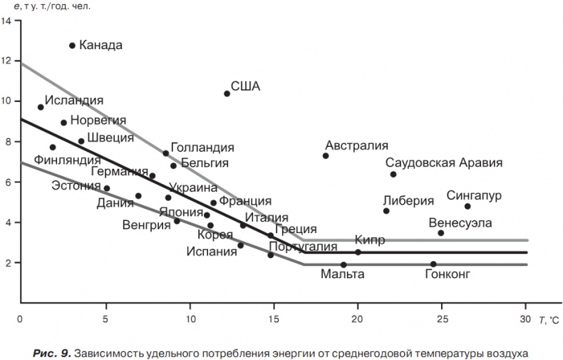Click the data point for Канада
click(x=72, y=46)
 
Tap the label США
click(x=245, y=87)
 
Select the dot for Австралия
click(x=326, y=155)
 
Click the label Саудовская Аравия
click(x=443, y=163)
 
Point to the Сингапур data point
click(x=468, y=207)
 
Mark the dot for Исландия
click(x=41, y=107)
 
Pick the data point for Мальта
click(x=344, y=264)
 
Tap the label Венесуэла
click(x=460, y=222)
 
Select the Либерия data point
click(x=386, y=211)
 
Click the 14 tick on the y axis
click(x=6, y=21)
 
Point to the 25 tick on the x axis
click(x=441, y=319)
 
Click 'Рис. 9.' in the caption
click(x=51, y=351)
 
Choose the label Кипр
click(x=369, y=240)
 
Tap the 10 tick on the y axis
click(x=6, y=101)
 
